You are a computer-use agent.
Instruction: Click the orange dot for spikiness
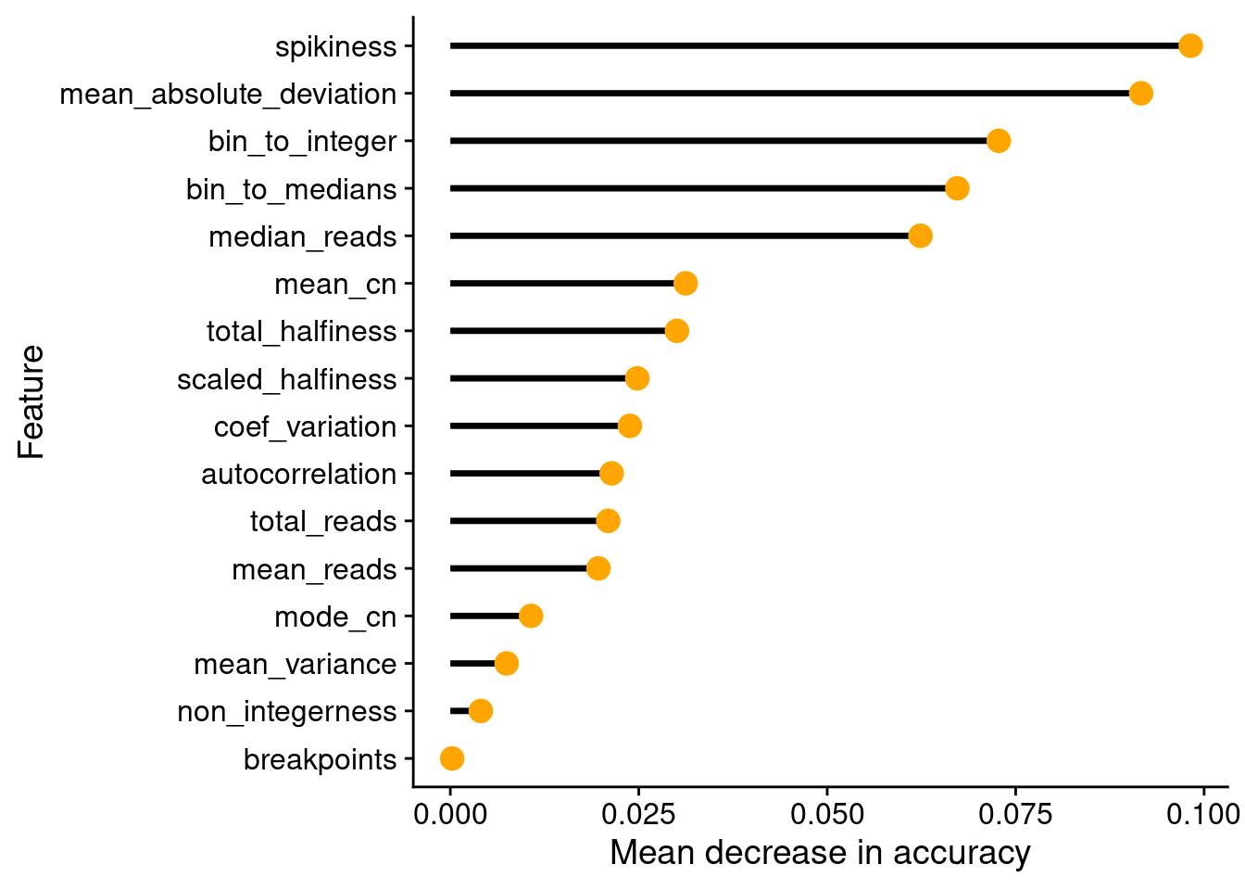[1190, 45]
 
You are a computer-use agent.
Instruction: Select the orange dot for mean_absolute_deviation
[1141, 94]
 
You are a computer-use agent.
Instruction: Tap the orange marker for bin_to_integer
[999, 141]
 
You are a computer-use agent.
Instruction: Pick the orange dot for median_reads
[920, 235]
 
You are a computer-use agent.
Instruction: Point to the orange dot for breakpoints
[452, 758]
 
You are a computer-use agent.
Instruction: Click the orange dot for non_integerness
[480, 711]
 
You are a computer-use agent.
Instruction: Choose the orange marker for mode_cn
[531, 616]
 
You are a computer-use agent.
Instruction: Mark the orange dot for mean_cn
[685, 283]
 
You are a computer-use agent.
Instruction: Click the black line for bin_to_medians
[698, 188]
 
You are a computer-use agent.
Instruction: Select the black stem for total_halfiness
[558, 331]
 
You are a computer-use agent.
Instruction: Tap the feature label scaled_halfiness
[287, 380]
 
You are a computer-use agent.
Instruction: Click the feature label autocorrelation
[299, 475]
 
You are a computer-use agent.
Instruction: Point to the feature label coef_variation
[305, 427]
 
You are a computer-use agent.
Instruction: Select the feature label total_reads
[323, 522]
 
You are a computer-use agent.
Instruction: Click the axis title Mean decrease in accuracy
[821, 853]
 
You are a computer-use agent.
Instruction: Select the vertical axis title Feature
[31, 401]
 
